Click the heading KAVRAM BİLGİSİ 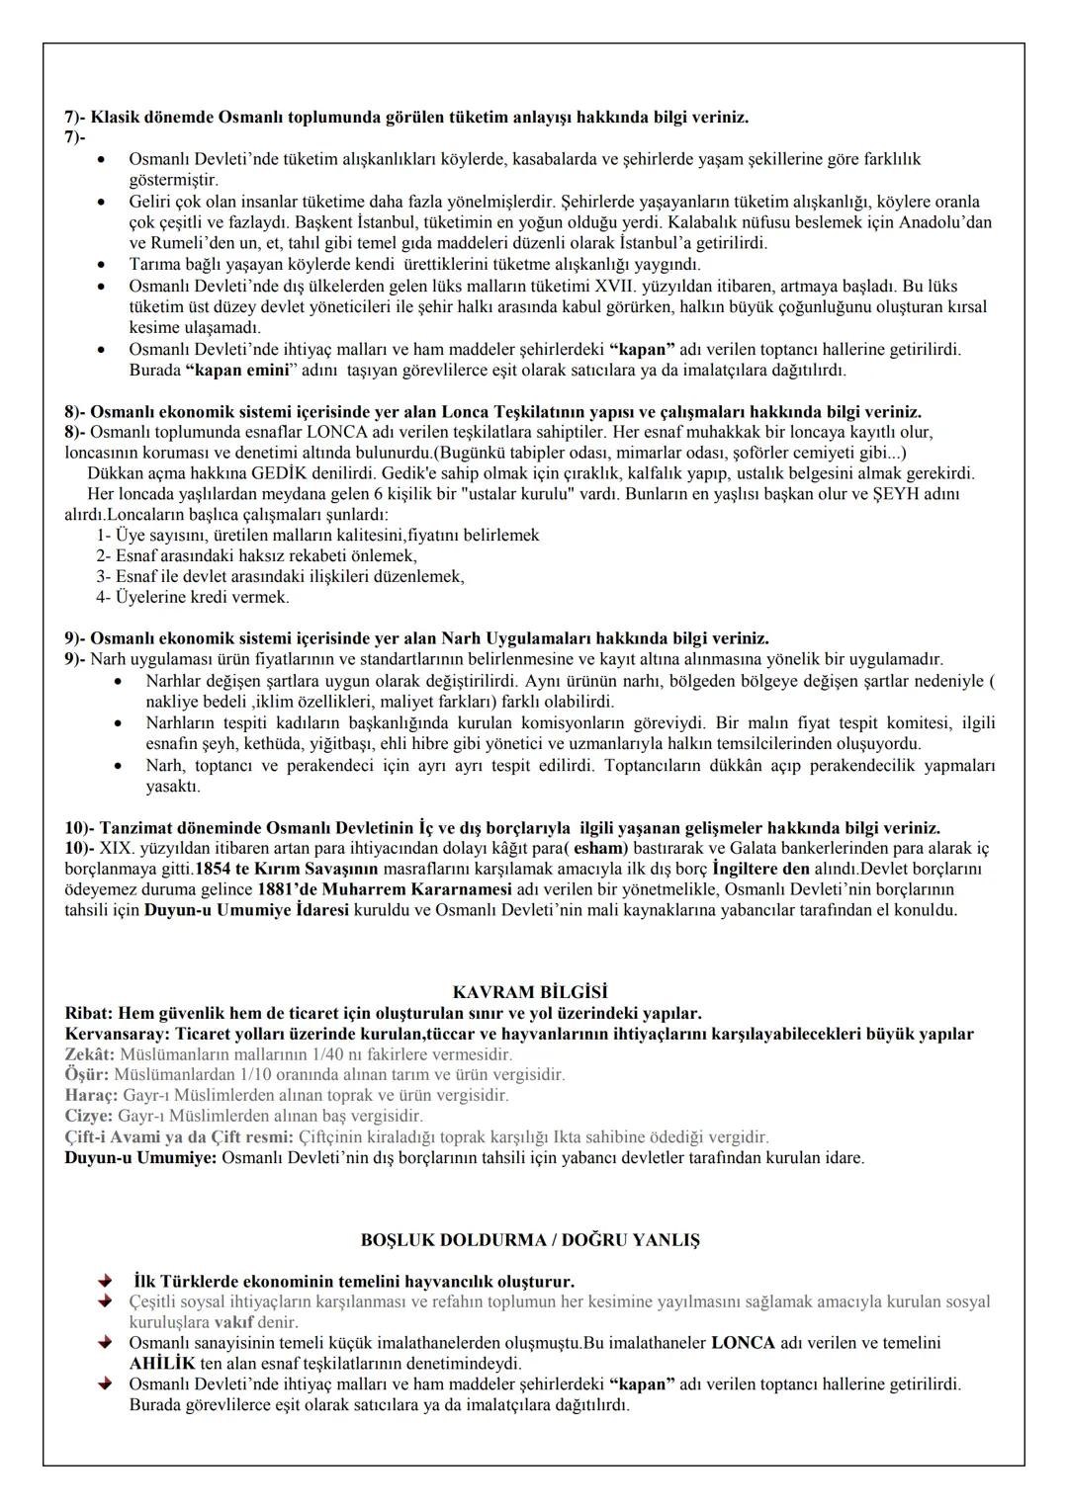530,992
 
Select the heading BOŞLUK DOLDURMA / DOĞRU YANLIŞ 530,1239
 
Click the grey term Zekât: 89,1054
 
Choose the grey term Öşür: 87,1074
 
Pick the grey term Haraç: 91,1095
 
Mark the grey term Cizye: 89,1116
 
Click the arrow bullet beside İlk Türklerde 105,1281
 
